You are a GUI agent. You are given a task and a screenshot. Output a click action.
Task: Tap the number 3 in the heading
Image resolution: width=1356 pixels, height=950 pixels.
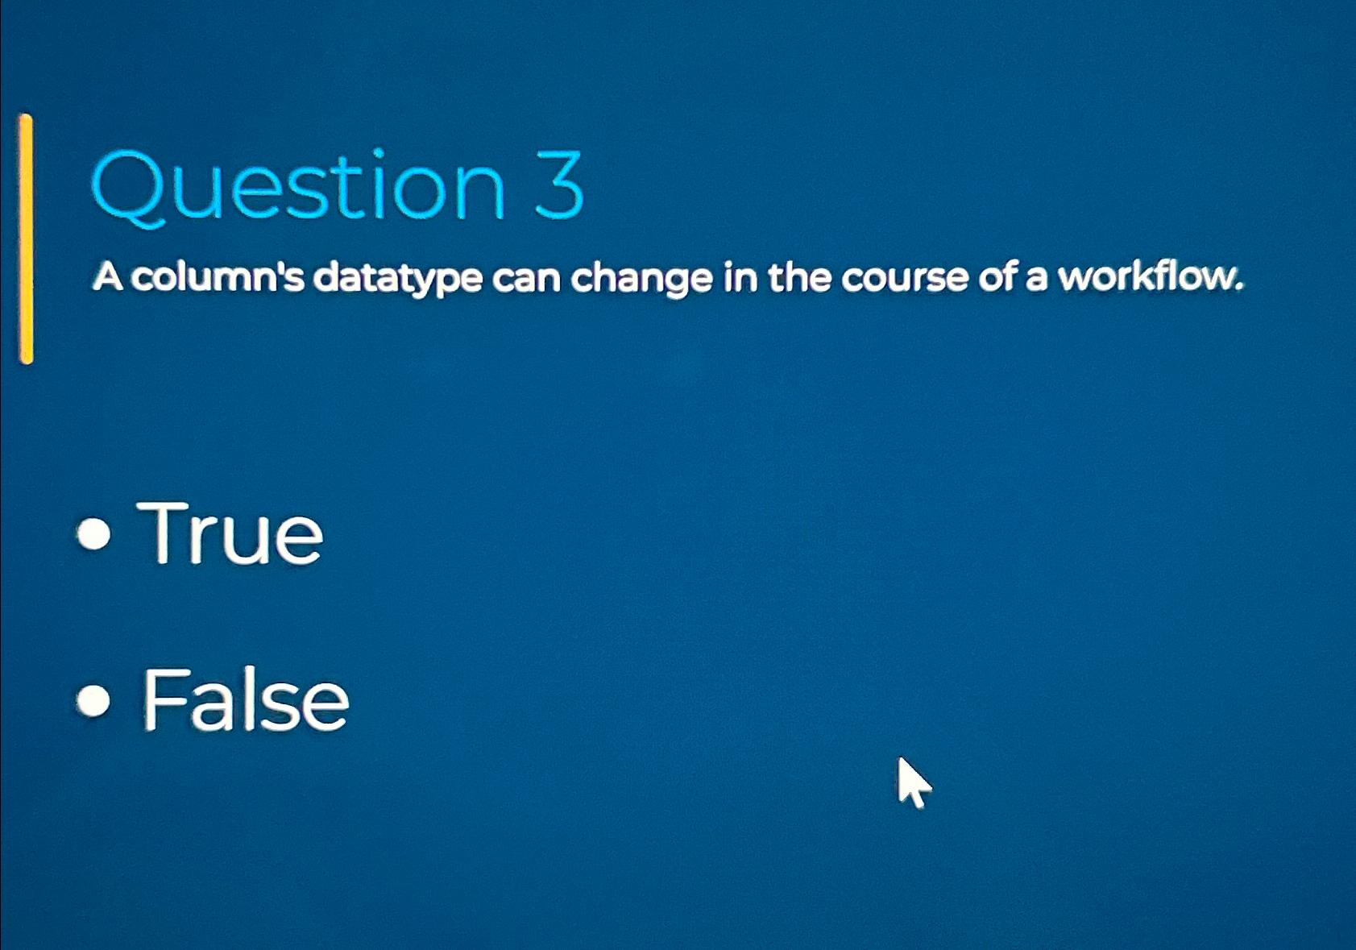coord(558,185)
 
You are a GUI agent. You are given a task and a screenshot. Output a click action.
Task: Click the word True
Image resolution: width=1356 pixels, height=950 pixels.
coord(230,533)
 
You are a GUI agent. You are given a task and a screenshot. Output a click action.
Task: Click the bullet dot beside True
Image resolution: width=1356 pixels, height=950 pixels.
coord(93,534)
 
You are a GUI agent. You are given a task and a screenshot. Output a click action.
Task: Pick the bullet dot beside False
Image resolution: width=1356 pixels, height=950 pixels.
coord(93,700)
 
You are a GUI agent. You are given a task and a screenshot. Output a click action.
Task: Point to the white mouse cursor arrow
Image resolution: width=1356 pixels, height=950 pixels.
coord(914,782)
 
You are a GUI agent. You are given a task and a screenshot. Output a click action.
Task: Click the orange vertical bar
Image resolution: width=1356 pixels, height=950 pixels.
coord(26,239)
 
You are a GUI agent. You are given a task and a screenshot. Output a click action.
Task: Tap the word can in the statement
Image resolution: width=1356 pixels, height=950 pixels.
coord(527,281)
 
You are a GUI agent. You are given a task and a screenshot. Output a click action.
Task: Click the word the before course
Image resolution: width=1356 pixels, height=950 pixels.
coord(800,278)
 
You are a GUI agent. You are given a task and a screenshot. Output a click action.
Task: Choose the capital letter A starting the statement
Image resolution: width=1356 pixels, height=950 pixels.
coord(108,278)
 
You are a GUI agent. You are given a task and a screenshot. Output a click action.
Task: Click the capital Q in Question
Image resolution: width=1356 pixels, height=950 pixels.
coord(128,189)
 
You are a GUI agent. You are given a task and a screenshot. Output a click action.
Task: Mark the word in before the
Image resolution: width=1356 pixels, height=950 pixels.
coord(740,278)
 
